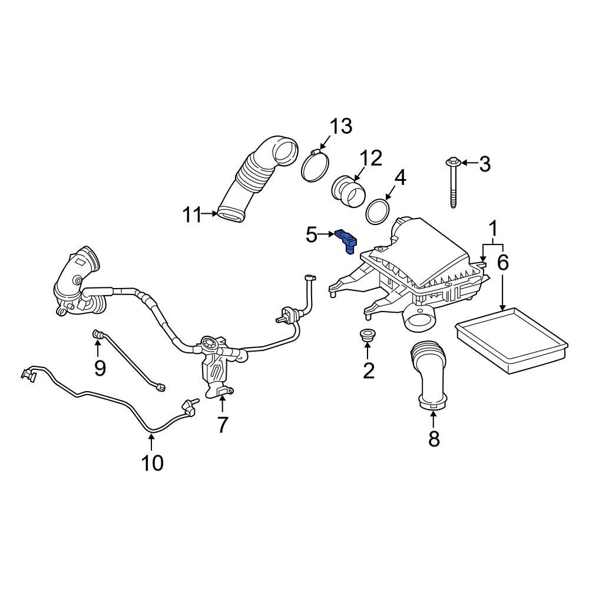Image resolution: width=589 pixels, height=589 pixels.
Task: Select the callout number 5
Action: pos(312,236)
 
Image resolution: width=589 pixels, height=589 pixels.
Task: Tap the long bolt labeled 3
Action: pos(452,183)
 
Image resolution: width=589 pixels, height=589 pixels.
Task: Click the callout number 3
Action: pos(484,164)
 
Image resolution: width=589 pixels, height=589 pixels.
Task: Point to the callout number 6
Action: pos(502,263)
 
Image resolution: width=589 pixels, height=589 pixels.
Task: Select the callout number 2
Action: pos(368,370)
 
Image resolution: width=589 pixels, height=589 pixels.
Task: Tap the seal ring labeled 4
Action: pos(378,211)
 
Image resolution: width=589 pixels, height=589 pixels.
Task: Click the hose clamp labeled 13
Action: pos(315,165)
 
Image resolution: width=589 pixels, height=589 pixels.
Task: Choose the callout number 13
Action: pos(340,127)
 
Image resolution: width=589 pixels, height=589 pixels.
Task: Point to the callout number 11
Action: pos(191,215)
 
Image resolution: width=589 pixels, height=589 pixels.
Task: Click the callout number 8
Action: pos(434,438)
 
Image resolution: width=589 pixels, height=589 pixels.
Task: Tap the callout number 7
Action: pos(222,424)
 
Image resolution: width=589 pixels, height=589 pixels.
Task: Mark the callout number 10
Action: pos(151,463)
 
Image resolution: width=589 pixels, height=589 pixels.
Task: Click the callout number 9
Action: pos(100,368)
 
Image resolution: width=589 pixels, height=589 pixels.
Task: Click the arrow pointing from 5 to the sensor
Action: pos(327,236)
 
